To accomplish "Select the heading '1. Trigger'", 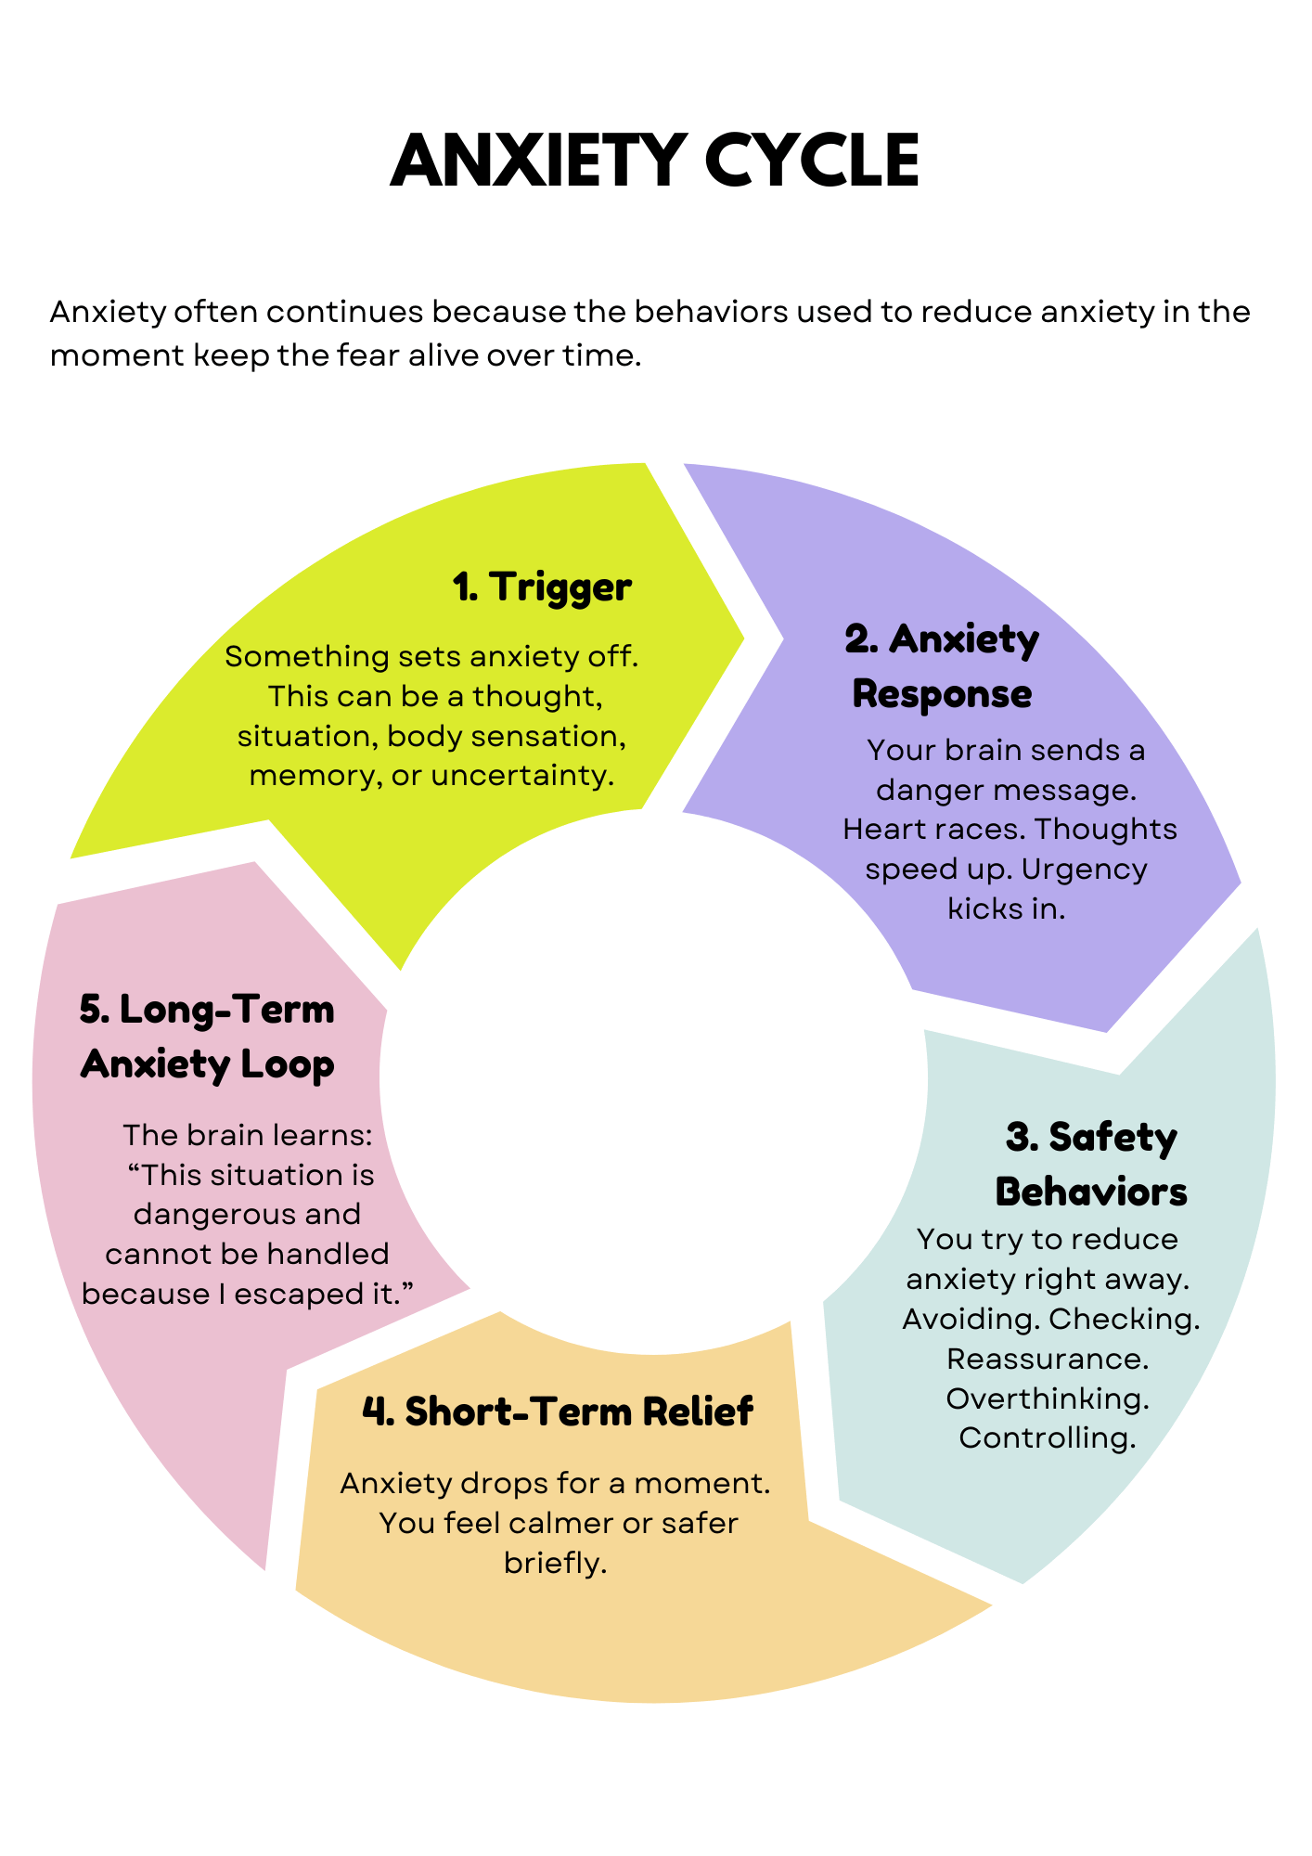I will click(542, 587).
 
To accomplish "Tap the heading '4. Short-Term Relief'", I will click(557, 1411).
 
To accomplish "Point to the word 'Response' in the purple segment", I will click(942, 694).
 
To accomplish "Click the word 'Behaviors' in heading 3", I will click(1090, 1192).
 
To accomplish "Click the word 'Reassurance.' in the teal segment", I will click(1048, 1359).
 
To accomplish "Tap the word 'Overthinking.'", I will click(1048, 1398).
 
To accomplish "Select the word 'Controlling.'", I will click(1048, 1438).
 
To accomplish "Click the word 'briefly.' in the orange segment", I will click(556, 1564).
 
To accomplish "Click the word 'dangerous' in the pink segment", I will click(247, 1215).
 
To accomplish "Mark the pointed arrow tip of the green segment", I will click(743, 638).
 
